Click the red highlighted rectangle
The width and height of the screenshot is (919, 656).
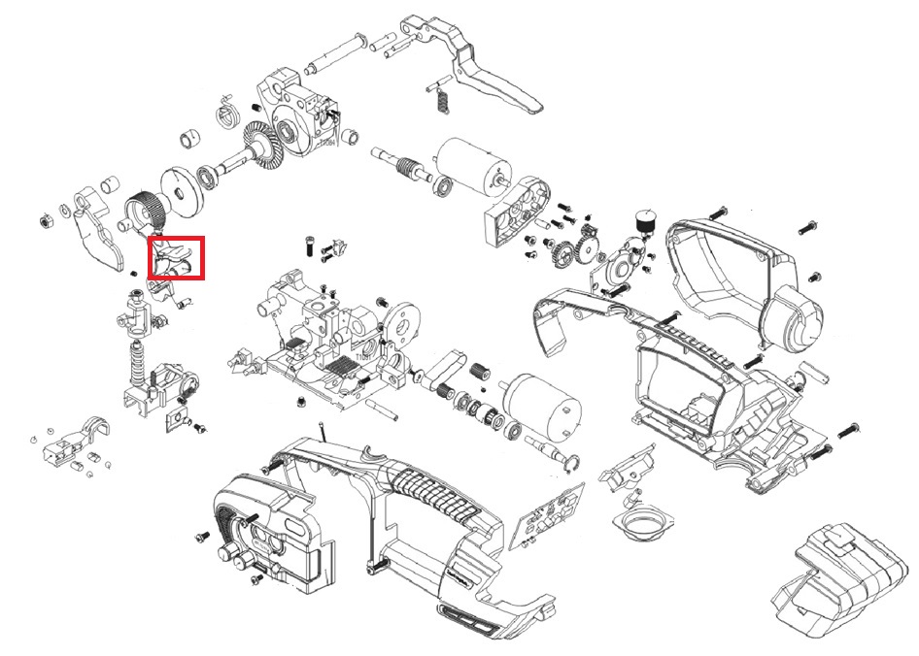pyautogui.click(x=177, y=258)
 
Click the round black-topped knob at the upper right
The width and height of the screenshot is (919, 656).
pyautogui.click(x=642, y=221)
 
